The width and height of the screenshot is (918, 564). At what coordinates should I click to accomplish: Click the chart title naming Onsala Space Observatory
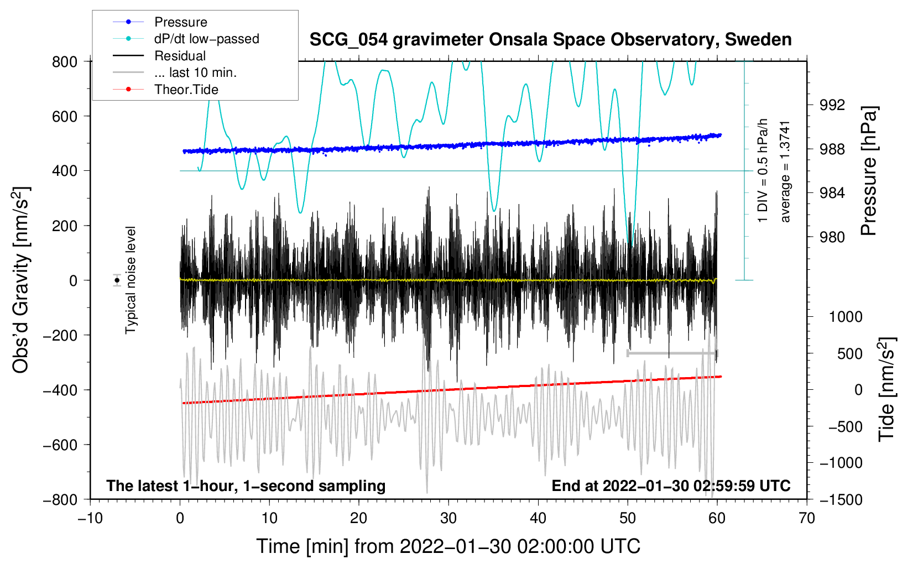(x=550, y=40)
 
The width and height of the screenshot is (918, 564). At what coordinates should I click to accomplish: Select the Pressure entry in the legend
(x=180, y=22)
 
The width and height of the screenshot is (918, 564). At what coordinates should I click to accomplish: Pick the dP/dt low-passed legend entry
(x=206, y=39)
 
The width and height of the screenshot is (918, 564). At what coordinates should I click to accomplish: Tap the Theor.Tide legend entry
(x=186, y=90)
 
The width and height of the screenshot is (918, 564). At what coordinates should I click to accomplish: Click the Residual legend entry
(x=180, y=56)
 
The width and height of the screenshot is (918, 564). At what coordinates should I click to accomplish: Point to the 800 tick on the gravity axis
(x=65, y=62)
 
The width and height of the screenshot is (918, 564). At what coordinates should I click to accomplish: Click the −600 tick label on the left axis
(x=60, y=445)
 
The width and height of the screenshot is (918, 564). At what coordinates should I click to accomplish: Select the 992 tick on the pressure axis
(x=832, y=105)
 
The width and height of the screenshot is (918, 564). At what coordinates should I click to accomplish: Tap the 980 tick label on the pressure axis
(x=832, y=237)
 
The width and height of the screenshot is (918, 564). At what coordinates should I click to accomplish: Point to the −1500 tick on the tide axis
(x=841, y=499)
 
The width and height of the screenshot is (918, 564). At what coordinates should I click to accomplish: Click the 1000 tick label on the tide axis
(x=845, y=317)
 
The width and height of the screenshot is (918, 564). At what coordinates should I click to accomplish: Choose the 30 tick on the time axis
(x=448, y=518)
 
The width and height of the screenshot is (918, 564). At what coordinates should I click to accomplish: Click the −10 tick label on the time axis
(x=90, y=518)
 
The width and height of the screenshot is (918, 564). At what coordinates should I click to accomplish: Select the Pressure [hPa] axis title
(x=869, y=171)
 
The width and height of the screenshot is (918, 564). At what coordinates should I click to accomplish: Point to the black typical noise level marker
(x=117, y=280)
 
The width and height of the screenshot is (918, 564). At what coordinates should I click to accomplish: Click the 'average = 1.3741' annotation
(x=785, y=171)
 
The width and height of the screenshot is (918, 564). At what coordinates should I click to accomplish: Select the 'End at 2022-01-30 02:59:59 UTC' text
(x=671, y=485)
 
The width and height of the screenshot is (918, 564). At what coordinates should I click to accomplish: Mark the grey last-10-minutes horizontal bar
(x=672, y=353)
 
